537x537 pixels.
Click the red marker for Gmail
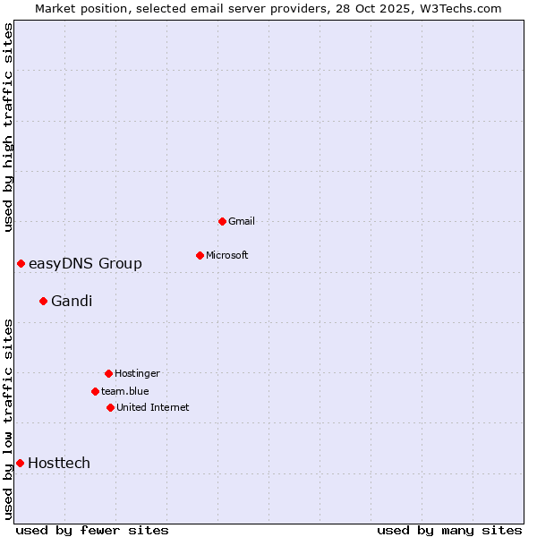pos(222,221)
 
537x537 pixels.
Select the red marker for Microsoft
pos(200,255)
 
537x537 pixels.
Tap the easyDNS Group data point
pos(21,263)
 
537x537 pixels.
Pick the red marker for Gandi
pos(43,301)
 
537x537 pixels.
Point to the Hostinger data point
pos(108,373)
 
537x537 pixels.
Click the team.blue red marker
pos(95,391)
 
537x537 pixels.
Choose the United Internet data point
pos(110,407)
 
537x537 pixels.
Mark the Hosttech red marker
pos(20,463)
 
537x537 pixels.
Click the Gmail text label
pos(242,221)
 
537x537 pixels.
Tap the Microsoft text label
pos(227,255)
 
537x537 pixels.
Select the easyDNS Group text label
pos(85,263)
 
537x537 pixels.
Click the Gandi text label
pos(72,301)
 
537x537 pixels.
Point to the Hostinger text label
pos(137,373)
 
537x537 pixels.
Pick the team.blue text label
pos(125,391)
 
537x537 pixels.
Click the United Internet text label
pos(153,407)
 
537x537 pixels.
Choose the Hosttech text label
pos(59,463)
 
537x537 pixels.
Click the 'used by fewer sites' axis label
pos(92,530)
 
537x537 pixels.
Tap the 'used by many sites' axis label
pos(449,530)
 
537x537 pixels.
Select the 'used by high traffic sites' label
pos(8,128)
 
